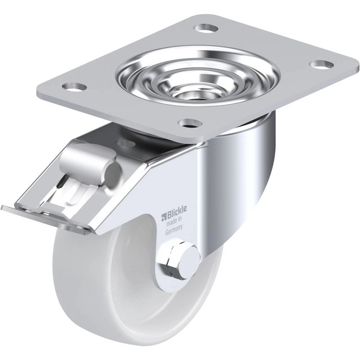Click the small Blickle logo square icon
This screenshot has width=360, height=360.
(163, 216)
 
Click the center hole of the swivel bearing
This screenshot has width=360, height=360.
(191, 95)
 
